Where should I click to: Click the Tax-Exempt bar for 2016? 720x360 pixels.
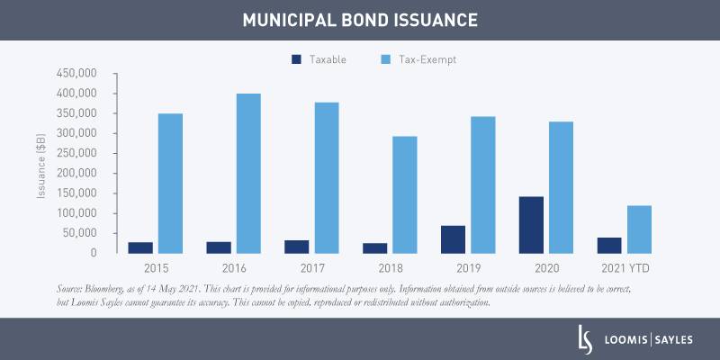coord(248,173)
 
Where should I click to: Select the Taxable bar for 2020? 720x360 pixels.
coord(531,224)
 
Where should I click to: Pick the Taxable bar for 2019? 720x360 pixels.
coord(453,238)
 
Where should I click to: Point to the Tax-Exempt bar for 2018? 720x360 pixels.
coord(404,194)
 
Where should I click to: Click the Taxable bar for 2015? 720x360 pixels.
coord(140,247)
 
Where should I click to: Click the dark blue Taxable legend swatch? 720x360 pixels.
coord(297,59)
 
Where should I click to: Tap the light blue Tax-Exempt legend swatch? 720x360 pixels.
coord(386,59)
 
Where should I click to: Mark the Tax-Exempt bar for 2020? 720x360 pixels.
coord(562,187)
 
